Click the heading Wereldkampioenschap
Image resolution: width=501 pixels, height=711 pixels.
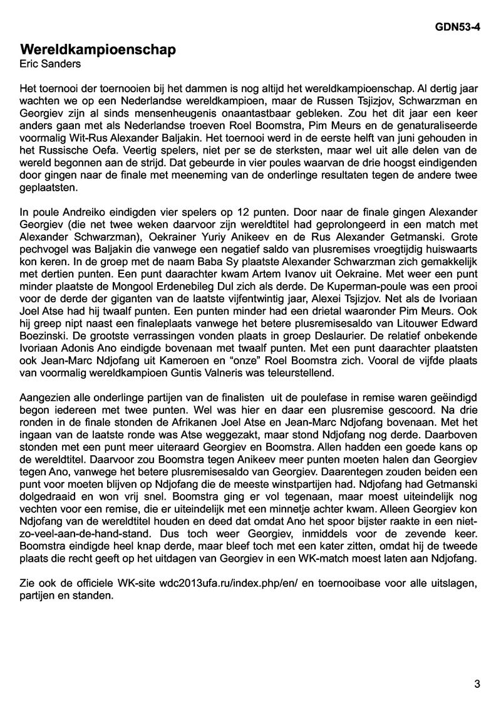point(98,50)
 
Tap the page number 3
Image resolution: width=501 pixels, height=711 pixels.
point(477,684)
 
